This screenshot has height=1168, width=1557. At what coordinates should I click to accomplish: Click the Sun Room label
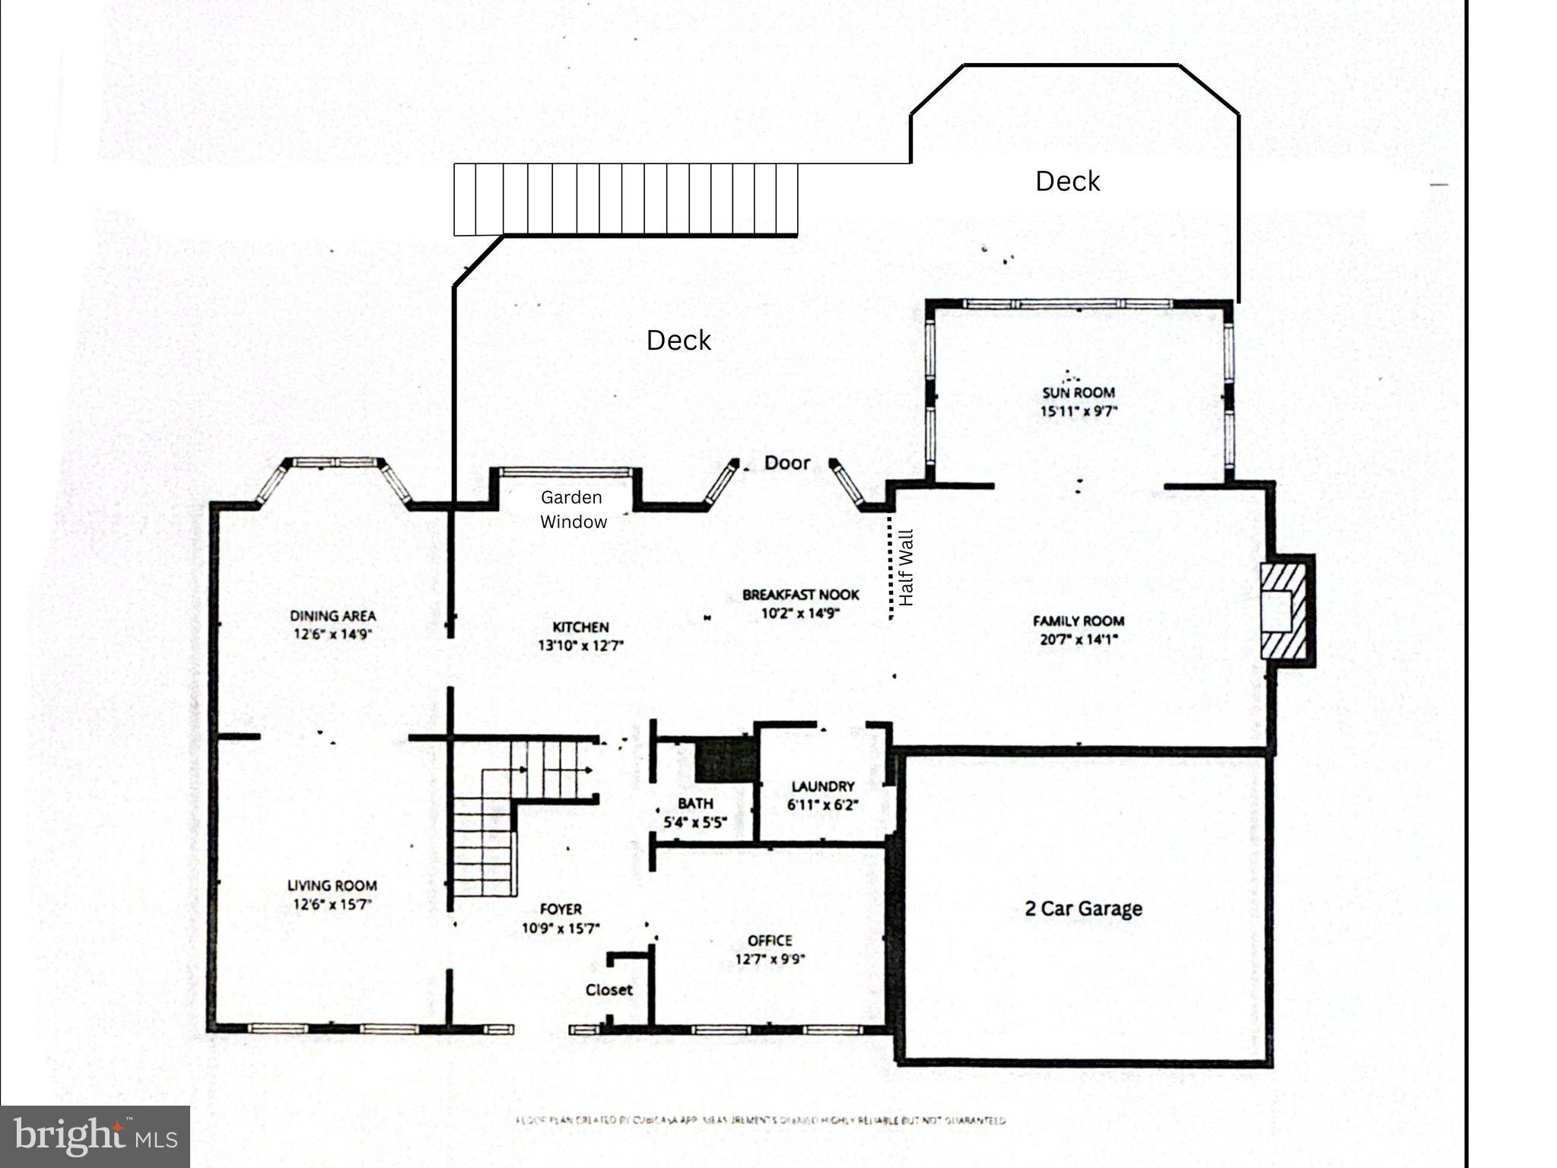click(x=1078, y=393)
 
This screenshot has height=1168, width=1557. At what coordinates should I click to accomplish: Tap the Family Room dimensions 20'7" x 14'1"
click(x=1078, y=640)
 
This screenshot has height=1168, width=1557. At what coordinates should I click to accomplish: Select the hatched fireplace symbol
click(x=1284, y=611)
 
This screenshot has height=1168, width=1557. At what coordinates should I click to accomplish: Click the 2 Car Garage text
click(x=1083, y=909)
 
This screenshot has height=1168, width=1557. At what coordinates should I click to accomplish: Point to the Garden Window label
click(x=573, y=509)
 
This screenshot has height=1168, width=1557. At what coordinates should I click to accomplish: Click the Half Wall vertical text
click(x=905, y=567)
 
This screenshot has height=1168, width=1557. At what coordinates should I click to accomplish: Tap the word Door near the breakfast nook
click(x=786, y=462)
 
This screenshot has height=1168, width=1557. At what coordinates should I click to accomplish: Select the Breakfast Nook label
click(x=800, y=595)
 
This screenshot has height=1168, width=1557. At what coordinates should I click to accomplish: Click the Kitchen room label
click(x=580, y=627)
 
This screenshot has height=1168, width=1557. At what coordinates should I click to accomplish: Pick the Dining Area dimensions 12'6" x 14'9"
click(x=332, y=634)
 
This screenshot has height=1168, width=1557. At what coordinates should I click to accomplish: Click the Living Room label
click(x=332, y=885)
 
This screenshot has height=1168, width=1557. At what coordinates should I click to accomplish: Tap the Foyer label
click(x=561, y=909)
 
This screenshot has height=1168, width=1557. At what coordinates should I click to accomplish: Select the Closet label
click(x=609, y=990)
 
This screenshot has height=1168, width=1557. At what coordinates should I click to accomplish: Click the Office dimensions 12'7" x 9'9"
click(x=770, y=960)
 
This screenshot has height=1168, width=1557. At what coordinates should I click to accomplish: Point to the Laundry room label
click(x=822, y=786)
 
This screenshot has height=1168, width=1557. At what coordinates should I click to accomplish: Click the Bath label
click(x=695, y=803)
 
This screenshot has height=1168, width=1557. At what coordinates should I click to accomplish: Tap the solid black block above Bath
click(x=726, y=760)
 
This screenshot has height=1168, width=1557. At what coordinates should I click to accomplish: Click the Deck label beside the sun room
click(x=1067, y=181)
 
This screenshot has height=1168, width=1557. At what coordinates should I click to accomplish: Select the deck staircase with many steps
click(x=625, y=199)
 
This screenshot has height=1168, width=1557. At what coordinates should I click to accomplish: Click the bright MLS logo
click(x=95, y=1136)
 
